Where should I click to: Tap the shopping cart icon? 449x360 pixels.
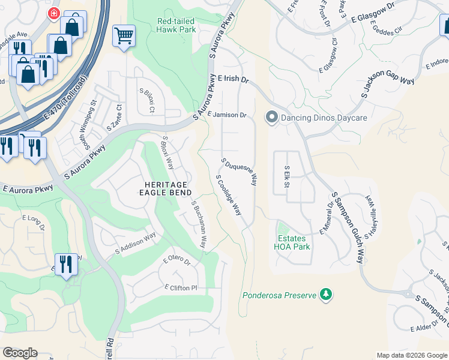pyautogui.click(x=124, y=35)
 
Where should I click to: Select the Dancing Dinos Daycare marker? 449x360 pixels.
pyautogui.click(x=272, y=117)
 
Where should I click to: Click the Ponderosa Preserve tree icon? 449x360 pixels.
pyautogui.click(x=326, y=295)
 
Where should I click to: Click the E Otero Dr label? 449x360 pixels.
pyautogui.click(x=176, y=261)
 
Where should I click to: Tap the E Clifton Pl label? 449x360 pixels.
pyautogui.click(x=181, y=288)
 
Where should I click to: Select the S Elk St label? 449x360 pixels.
pyautogui.click(x=287, y=176)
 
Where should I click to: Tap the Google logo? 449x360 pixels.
pyautogui.click(x=20, y=353)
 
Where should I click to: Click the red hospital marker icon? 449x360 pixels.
pyautogui.click(x=54, y=13)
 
